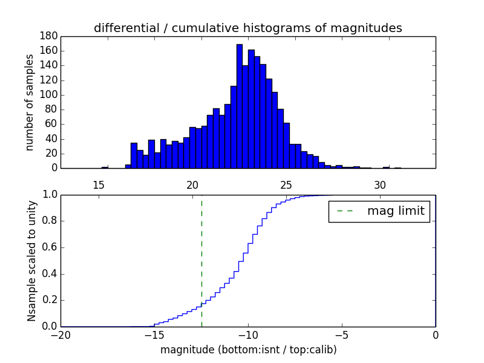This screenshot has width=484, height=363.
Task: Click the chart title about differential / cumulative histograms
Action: coord(247,28)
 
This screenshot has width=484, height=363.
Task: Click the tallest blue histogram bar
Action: coord(239,106)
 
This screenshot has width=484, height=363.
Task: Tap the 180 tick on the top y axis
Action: coord(48,36)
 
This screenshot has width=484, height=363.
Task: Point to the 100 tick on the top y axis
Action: coord(48,95)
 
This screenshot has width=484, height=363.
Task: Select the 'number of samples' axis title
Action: coord(29,102)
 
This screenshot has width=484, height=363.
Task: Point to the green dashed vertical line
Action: coord(201,260)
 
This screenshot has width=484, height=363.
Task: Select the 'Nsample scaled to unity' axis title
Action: coord(31,261)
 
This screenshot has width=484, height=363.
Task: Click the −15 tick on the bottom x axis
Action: coord(154,335)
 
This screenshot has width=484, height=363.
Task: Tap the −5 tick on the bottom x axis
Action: coord(342,335)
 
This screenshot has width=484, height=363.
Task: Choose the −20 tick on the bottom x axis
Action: coord(60,335)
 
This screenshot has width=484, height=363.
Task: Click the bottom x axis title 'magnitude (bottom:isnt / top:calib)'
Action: coord(248,350)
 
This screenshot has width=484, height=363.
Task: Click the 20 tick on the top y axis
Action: coord(51,154)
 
